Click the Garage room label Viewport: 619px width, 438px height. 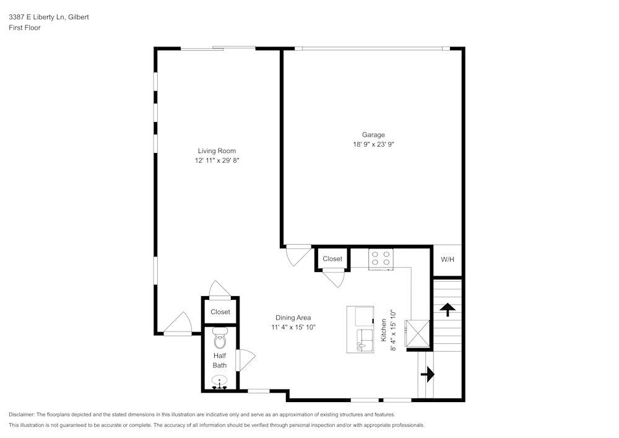[373, 134]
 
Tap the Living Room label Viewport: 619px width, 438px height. [217, 151]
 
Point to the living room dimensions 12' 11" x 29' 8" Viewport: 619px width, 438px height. [217, 160]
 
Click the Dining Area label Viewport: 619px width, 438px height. [293, 318]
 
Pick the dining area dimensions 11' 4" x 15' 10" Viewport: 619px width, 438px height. [293, 328]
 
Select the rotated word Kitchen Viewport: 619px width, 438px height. [384, 331]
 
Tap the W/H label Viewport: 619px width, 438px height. [447, 259]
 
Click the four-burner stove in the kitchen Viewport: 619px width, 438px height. [381, 258]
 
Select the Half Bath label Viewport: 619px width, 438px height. [220, 361]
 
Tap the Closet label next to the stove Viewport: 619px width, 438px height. [332, 259]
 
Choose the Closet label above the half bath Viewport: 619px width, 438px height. [220, 312]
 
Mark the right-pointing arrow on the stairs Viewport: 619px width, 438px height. [427, 374]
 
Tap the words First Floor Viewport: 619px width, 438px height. [25, 28]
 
